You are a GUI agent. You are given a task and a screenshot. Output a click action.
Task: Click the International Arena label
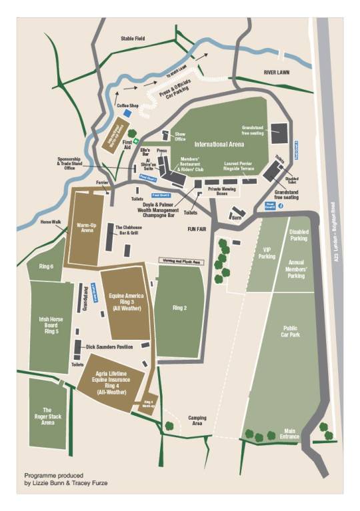216,144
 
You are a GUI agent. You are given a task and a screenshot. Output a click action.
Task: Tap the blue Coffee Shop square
127,113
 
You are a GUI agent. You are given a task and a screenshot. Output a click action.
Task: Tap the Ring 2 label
179,308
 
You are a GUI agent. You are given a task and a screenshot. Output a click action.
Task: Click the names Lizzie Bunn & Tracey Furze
65,481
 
